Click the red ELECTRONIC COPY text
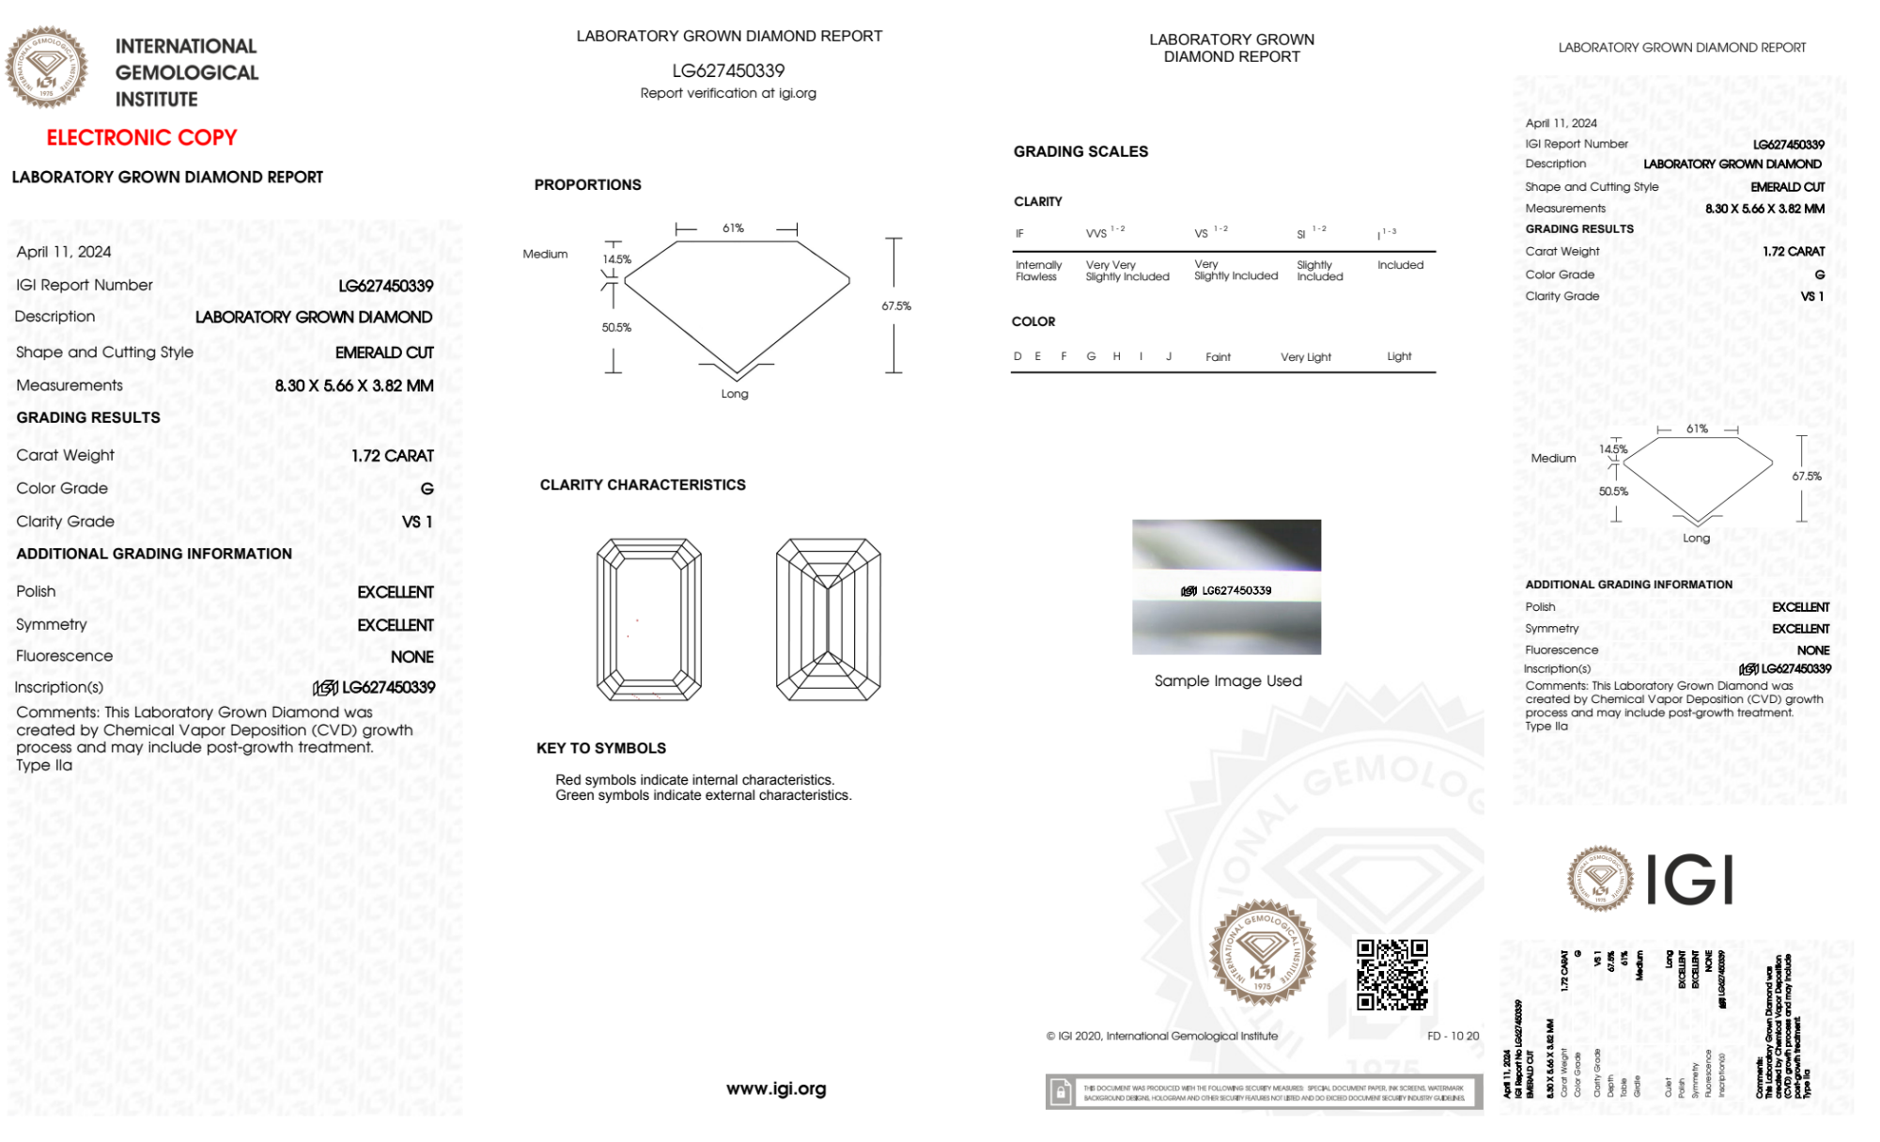tap(142, 137)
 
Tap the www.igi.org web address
tap(776, 1088)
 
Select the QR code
tap(1392, 974)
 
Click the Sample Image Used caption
tap(1228, 681)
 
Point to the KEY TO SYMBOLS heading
tap(601, 748)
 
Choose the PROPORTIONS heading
tap(588, 184)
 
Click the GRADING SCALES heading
tap(1080, 151)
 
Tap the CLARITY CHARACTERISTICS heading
tap(643, 485)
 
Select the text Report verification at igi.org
tap(728, 93)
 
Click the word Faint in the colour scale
tap(1218, 357)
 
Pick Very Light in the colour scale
tap(1306, 357)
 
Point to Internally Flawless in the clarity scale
tap(1038, 271)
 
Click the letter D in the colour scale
tap(1018, 356)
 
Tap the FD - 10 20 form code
tap(1453, 1036)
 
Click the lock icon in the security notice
tap(1061, 1091)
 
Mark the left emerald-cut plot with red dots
tap(649, 619)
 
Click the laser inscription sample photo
tap(1226, 587)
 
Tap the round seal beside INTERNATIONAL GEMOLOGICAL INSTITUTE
tap(47, 68)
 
